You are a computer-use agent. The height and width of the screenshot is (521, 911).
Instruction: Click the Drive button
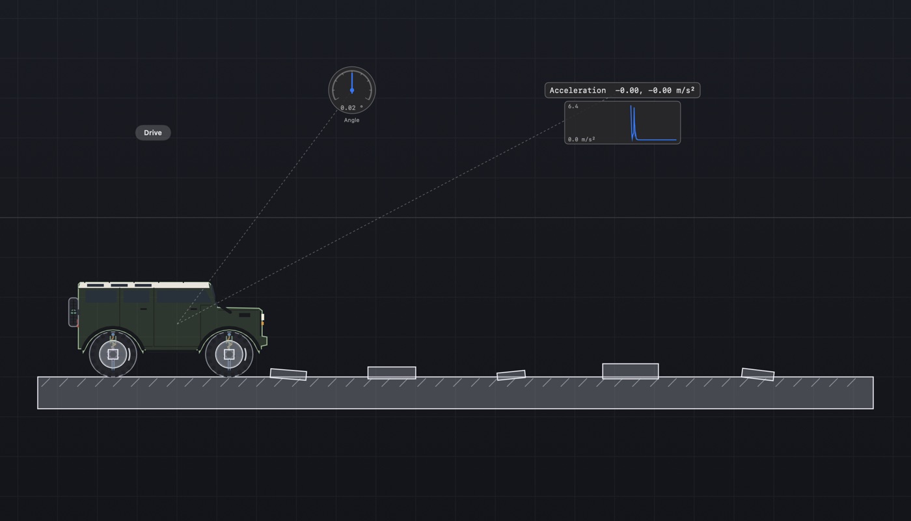153,133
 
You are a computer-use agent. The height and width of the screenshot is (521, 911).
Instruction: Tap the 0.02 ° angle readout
351,108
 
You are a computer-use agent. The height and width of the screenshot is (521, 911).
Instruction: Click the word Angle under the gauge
351,120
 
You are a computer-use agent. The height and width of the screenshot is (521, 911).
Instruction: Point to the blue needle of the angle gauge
352,82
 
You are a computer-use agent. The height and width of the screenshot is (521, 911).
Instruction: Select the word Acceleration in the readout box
578,91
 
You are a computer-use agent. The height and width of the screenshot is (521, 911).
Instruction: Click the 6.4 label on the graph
573,106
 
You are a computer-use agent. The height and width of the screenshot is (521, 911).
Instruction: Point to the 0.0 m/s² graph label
581,139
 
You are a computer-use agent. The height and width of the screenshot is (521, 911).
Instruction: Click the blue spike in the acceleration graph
632,123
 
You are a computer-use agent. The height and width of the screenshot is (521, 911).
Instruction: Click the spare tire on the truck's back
73,312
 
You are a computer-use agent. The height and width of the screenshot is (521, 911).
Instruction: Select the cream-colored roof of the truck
144,285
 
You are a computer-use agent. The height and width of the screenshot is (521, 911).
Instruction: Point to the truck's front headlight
263,318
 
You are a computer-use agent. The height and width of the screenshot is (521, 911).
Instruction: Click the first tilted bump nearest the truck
288,374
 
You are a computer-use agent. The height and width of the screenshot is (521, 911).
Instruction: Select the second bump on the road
392,373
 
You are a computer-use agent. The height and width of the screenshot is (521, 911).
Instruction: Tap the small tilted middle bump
511,375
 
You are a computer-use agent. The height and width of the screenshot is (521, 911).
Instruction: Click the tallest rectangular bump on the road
631,371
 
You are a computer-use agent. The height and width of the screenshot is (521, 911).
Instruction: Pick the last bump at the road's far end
757,374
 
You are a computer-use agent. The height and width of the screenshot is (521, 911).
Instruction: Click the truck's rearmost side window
102,296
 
